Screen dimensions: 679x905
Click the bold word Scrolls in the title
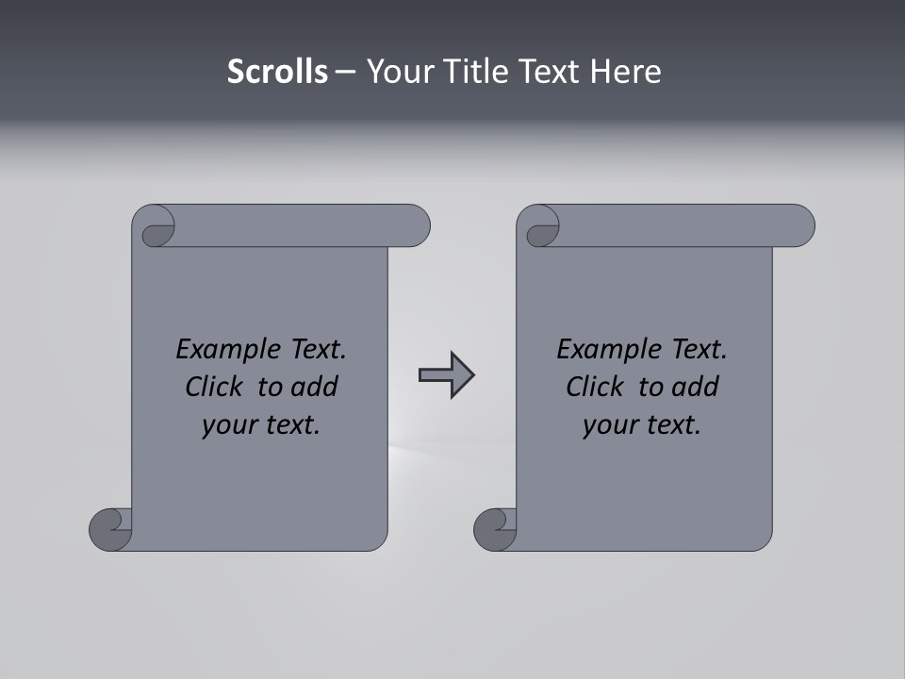coord(277,72)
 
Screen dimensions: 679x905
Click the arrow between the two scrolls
coord(446,375)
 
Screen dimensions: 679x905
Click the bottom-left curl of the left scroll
coord(111,528)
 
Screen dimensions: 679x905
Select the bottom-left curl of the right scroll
coord(495,528)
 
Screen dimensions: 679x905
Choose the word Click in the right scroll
coord(595,387)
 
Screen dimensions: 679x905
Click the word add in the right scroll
coord(697,387)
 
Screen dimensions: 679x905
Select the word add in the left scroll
coord(316,387)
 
